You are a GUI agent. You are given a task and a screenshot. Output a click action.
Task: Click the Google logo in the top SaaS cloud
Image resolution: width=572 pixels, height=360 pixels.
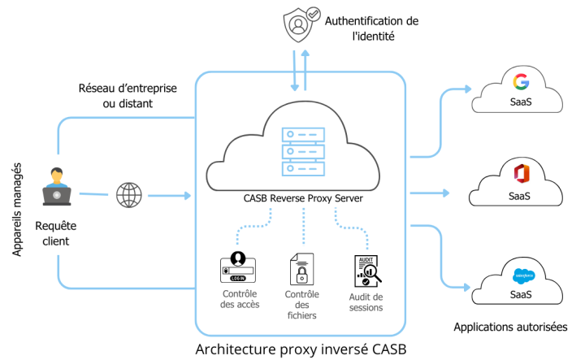(521, 82)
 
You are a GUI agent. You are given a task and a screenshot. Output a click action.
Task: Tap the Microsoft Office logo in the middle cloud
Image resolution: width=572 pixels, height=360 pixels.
(520, 173)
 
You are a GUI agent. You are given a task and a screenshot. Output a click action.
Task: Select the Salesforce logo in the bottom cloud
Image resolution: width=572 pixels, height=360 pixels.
(520, 275)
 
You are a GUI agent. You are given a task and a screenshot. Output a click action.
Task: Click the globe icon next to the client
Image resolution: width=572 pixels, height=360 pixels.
(128, 195)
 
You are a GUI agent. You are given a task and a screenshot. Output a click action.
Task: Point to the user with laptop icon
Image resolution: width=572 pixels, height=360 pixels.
(57, 185)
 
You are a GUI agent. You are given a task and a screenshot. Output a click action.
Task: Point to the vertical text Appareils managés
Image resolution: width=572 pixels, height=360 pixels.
(17, 210)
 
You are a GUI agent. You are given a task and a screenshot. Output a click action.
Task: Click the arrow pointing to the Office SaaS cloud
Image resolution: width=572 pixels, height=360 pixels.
(431, 193)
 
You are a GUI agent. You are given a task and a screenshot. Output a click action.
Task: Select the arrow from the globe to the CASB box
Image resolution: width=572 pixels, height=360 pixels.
(169, 195)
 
